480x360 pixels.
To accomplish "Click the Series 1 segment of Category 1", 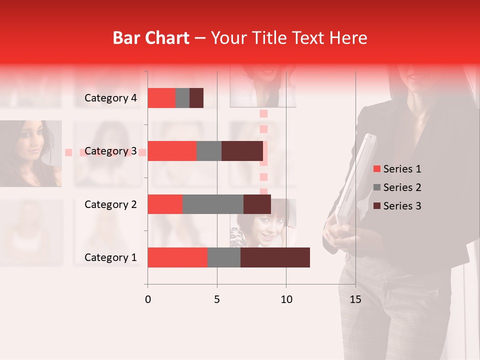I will pyautogui.click(x=177, y=257).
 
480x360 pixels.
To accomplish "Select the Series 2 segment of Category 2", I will pyautogui.click(x=213, y=204).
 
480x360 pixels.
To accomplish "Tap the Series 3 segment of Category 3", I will pyautogui.click(x=242, y=151).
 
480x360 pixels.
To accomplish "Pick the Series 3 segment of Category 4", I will pyautogui.click(x=196, y=98).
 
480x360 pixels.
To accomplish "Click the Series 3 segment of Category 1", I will pyautogui.click(x=275, y=257).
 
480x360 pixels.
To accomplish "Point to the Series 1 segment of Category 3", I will pyautogui.click(x=172, y=151).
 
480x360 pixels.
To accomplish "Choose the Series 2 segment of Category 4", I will pyautogui.click(x=182, y=98).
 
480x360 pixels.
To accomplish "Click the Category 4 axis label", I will pyautogui.click(x=110, y=98).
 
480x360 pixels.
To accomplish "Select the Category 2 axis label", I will pyautogui.click(x=110, y=204).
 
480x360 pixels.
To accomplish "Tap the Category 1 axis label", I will pyautogui.click(x=110, y=257).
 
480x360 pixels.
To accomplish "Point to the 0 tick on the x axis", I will pyautogui.click(x=148, y=299).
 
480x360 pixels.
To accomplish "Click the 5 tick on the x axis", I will pyautogui.click(x=217, y=299).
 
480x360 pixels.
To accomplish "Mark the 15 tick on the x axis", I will pyautogui.click(x=355, y=299).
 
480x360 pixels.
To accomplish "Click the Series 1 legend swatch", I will pyautogui.click(x=376, y=169).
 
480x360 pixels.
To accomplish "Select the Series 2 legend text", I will pyautogui.click(x=402, y=187).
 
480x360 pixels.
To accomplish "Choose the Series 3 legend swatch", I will pyautogui.click(x=376, y=206).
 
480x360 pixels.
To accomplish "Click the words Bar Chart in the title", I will pyautogui.click(x=150, y=38).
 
